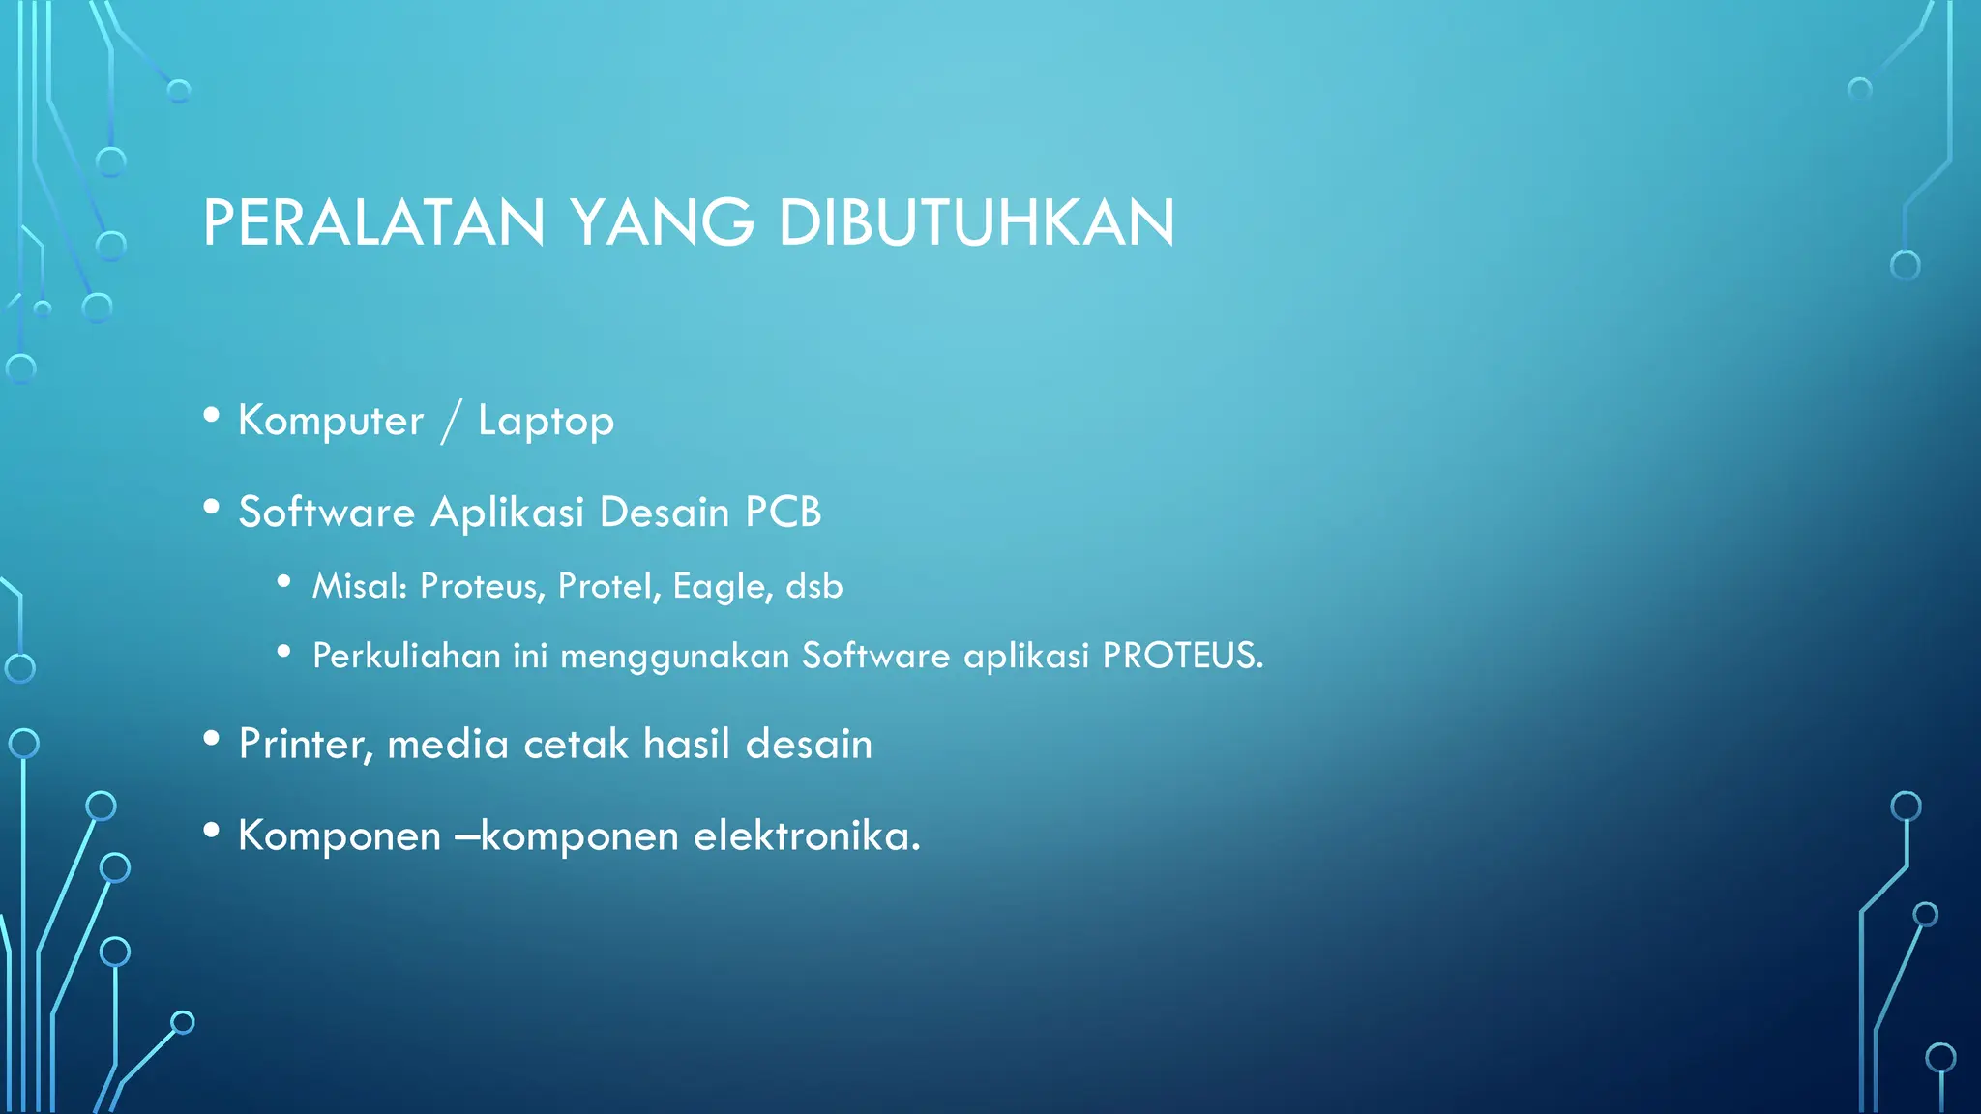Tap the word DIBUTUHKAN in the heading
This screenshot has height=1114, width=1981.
point(976,222)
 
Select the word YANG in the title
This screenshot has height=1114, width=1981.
point(662,222)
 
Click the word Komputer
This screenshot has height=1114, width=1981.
point(331,422)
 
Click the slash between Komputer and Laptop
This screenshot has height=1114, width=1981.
point(450,422)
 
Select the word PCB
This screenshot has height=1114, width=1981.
point(783,512)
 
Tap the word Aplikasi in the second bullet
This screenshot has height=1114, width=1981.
point(507,513)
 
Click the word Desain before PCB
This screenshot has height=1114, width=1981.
point(665,512)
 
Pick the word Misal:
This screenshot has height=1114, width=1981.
point(360,586)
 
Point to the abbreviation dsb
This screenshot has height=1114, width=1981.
point(814,586)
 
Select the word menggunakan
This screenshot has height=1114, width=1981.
point(675,657)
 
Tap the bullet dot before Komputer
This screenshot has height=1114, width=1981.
point(212,416)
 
